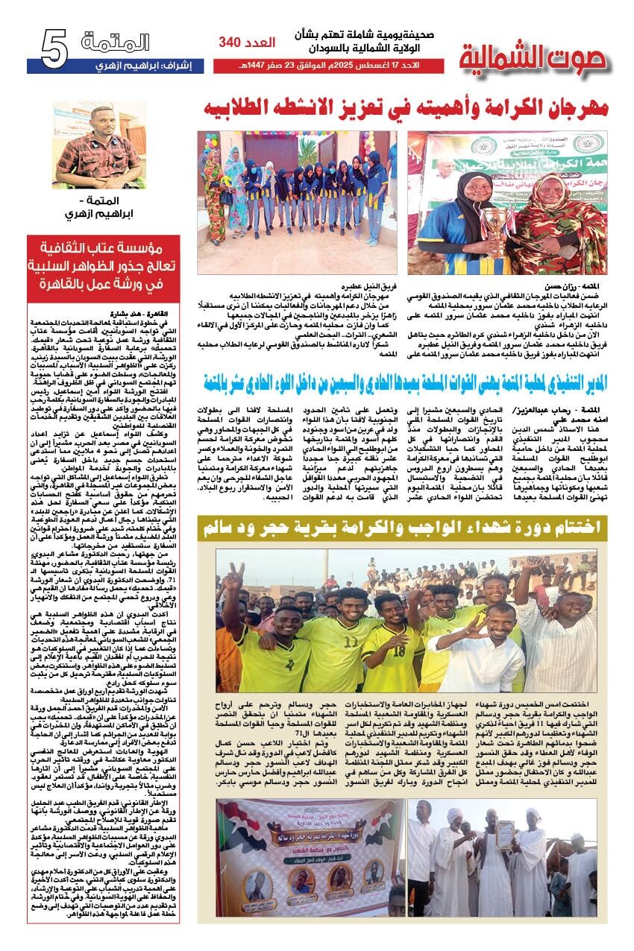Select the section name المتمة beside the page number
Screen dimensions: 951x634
pyautogui.click(x=116, y=44)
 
